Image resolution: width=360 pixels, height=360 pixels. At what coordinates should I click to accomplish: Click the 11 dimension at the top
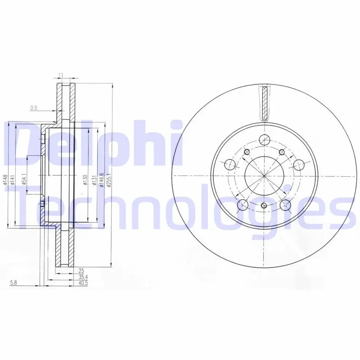pos(61,75)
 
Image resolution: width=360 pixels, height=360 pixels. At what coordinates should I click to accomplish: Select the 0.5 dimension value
pos(34,108)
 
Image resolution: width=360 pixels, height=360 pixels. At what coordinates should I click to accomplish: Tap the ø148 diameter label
pos(6,180)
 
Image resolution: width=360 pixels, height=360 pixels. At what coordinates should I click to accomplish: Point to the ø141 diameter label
pos(13,180)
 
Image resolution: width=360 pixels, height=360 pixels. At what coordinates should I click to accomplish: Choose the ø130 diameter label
pos(85,180)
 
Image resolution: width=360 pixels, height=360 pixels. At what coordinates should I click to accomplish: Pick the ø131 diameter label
pos(94,180)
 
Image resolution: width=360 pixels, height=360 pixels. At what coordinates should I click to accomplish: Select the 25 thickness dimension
pos(81,271)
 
